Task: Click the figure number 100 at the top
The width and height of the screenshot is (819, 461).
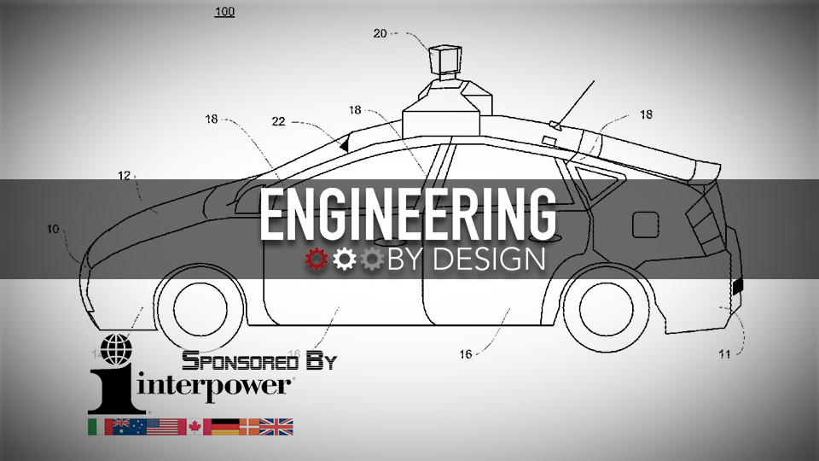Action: pos(224,11)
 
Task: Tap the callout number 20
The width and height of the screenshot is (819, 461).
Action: pos(380,33)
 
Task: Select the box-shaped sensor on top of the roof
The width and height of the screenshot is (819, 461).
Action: pos(445,60)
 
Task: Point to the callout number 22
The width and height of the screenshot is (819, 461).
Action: pos(278,122)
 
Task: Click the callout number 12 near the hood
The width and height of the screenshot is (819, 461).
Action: pos(125,176)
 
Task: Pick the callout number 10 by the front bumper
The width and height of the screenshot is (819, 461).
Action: pos(53,229)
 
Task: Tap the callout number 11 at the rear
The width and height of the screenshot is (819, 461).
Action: pos(724,354)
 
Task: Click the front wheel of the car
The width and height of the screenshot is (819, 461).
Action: pos(200,308)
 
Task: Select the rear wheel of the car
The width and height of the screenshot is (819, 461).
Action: pos(607,308)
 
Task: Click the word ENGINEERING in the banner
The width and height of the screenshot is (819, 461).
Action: pos(408,215)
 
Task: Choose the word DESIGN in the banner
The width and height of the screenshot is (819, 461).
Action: pos(489,260)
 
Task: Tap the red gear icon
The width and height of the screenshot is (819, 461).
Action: pos(317,260)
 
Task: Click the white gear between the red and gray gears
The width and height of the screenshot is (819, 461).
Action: pos(344,260)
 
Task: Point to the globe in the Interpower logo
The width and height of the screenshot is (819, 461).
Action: pos(116,349)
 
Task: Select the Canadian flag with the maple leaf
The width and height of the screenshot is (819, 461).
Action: pos(199,427)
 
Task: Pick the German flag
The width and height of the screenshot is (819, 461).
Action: pos(225,427)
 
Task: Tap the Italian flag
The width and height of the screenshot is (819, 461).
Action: pos(101,427)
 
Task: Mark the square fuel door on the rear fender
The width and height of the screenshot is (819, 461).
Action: pos(645,225)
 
